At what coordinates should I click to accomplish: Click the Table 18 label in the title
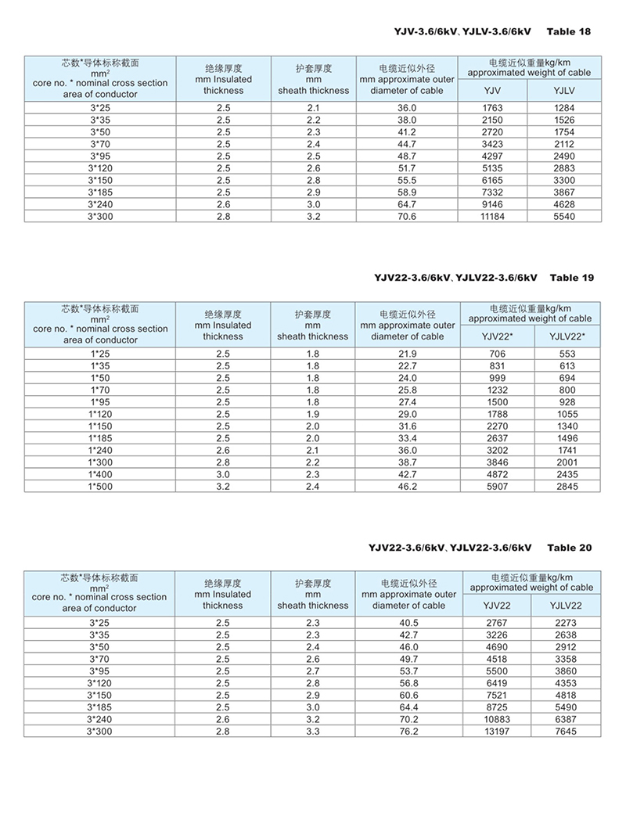tap(568, 31)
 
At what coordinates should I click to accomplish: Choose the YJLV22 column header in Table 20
tap(565, 605)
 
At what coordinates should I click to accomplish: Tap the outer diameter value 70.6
tap(407, 216)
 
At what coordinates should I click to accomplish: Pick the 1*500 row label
tap(99, 487)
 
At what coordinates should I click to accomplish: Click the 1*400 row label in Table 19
tap(99, 474)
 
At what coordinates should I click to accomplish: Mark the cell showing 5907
tap(498, 487)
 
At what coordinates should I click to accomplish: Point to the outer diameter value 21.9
tap(407, 354)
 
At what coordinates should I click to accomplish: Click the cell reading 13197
tap(498, 731)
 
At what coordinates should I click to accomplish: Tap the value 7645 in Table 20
tap(565, 731)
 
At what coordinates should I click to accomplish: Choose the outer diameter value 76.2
tap(407, 731)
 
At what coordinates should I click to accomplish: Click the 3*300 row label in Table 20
tap(99, 731)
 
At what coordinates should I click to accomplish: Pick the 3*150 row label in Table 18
tap(99, 180)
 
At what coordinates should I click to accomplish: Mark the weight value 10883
tap(498, 719)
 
